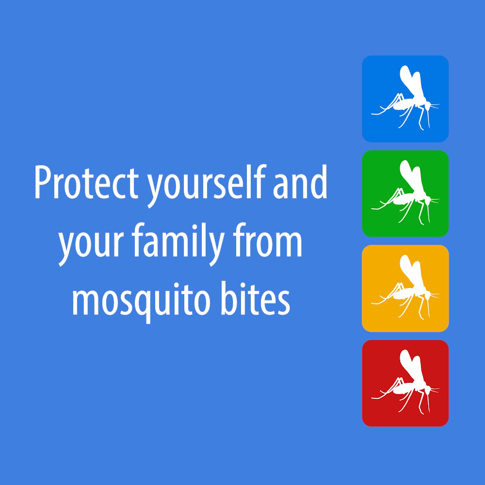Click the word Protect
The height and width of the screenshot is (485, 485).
click(x=87, y=182)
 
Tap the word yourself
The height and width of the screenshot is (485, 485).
click(x=206, y=186)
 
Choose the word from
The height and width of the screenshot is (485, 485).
click(x=267, y=240)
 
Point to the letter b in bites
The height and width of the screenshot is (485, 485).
click(x=229, y=298)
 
